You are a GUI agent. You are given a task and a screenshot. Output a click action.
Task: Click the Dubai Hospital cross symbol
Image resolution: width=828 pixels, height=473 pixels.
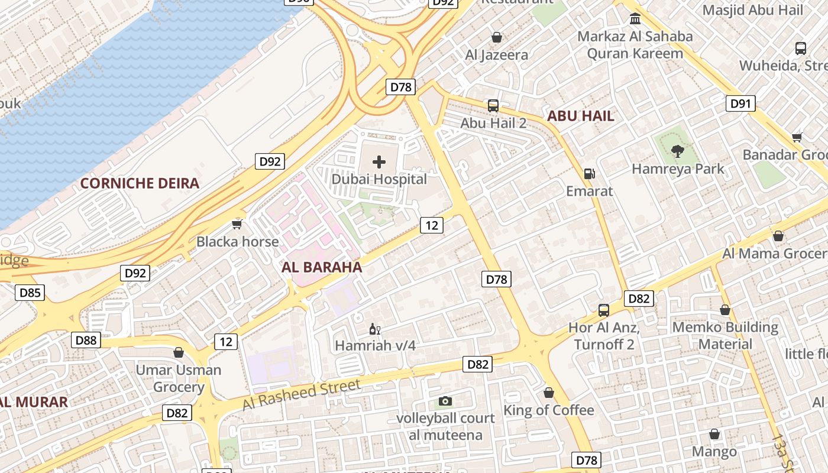click(379, 162)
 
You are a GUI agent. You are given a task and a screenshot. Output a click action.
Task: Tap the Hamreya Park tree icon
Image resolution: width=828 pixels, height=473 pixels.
click(677, 151)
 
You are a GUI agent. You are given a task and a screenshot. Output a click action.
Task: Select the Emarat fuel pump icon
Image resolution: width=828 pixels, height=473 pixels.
click(589, 174)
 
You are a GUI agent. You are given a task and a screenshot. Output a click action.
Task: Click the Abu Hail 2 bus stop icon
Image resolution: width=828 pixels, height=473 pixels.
click(493, 106)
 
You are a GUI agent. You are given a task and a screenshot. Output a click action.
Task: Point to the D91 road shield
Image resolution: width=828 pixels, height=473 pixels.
click(740, 104)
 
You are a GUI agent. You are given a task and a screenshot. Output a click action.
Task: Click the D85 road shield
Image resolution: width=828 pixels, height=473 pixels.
click(30, 292)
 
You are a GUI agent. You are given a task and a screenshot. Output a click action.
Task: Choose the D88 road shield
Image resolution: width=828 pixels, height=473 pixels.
click(86, 340)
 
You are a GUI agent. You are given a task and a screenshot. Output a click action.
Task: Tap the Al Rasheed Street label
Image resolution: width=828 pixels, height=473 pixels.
click(301, 396)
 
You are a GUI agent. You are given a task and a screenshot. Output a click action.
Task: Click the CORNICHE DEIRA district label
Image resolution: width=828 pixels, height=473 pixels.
click(140, 183)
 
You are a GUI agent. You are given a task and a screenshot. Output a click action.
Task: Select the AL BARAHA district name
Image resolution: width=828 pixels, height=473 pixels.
click(322, 267)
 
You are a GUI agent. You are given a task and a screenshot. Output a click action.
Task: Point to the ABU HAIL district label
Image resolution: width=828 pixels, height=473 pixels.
click(581, 116)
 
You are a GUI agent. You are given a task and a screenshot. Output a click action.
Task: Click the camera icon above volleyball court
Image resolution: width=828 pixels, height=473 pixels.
click(445, 401)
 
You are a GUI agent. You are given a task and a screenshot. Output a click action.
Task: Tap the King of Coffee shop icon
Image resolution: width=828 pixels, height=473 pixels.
click(549, 393)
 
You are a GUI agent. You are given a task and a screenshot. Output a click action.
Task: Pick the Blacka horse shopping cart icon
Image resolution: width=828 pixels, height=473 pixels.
click(237, 224)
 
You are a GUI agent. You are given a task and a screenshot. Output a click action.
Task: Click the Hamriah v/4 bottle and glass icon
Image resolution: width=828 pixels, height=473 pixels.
click(375, 329)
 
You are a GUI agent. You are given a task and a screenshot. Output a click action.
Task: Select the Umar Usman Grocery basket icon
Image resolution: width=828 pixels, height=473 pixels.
click(179, 353)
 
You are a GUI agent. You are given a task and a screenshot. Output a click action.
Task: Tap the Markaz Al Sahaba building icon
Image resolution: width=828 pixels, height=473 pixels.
click(635, 19)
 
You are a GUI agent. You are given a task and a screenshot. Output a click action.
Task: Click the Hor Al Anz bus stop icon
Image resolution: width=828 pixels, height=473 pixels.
click(604, 310)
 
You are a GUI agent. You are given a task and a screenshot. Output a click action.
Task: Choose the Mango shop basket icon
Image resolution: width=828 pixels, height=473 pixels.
click(714, 435)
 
